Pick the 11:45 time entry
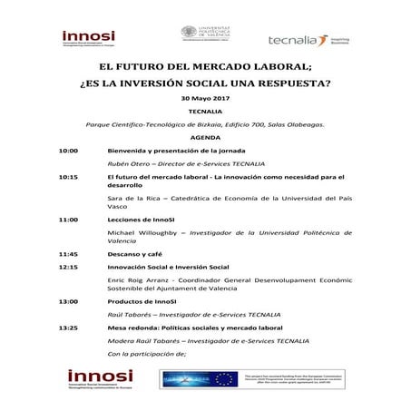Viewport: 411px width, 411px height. pos(68,254)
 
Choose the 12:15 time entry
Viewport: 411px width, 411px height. pos(68,268)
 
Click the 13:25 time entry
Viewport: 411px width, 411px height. pos(68,327)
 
